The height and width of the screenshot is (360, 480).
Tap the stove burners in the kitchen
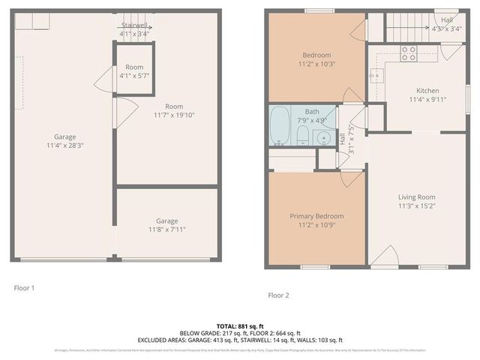click(409, 52)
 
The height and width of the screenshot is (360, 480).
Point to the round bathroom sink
click(323, 137)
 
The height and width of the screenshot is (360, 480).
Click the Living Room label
click(416, 197)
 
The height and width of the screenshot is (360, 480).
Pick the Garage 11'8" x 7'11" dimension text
click(166, 230)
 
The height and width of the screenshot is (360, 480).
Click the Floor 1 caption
click(25, 287)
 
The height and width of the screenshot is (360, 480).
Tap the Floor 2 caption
click(278, 295)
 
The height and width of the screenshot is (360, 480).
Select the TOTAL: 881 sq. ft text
click(240, 325)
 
